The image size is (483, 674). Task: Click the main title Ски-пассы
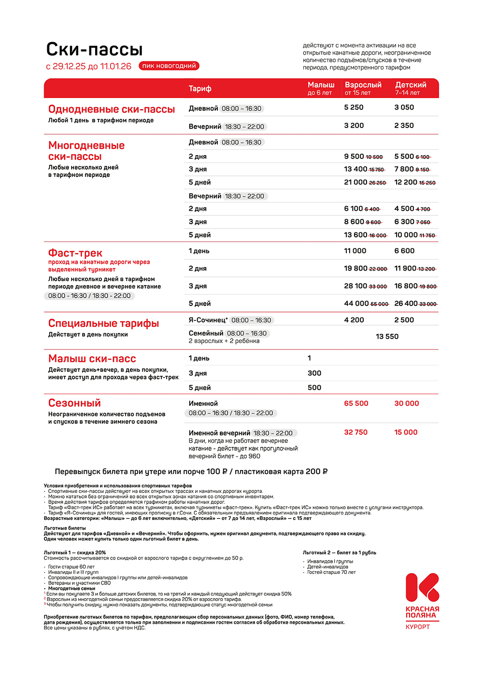coord(94,49)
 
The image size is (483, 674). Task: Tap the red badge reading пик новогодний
coord(169,66)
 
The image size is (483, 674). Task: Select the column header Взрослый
coord(363,85)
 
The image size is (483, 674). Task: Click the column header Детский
coord(411,85)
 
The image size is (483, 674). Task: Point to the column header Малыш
coord(321,85)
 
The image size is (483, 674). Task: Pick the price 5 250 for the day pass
coord(354,107)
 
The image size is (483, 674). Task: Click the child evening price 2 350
coord(404,126)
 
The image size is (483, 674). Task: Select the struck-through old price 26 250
coord(378,183)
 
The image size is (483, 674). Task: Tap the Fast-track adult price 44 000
coord(356,303)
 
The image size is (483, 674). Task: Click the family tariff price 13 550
coord(387,336)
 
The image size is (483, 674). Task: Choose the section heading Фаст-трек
coord(75,253)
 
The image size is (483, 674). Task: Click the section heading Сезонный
coord(74,403)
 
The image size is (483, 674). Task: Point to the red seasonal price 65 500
coord(356,403)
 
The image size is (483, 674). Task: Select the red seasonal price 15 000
coord(406,432)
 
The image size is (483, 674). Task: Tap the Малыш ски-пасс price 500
coord(314,387)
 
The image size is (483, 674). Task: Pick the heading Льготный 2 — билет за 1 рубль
coord(339,553)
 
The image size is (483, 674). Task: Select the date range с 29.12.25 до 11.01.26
coord(88,66)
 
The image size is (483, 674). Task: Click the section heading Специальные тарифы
coord(103,323)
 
